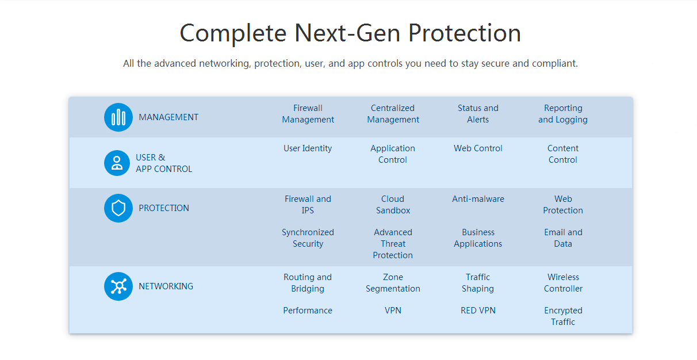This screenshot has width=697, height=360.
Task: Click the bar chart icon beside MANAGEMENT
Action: tap(118, 117)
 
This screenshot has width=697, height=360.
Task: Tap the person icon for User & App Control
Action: tap(117, 163)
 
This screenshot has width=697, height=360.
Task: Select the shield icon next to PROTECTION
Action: tap(118, 208)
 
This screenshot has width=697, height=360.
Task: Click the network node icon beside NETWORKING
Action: tap(118, 286)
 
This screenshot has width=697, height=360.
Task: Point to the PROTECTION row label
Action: tap(164, 208)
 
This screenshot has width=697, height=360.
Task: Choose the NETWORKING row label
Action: tap(166, 286)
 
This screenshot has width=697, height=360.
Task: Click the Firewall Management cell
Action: tap(308, 114)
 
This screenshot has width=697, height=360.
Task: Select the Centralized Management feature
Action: tap(393, 114)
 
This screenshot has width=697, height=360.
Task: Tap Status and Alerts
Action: tap(478, 114)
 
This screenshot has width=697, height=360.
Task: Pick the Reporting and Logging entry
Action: tap(563, 114)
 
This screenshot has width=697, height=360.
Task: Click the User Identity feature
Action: tap(308, 148)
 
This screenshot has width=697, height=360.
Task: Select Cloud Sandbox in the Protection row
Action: tap(393, 205)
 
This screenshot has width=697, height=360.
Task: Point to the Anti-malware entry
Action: tap(478, 199)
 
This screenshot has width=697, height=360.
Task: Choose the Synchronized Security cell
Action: tap(308, 238)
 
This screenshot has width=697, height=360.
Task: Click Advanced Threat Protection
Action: tap(393, 244)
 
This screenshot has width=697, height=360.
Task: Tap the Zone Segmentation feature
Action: tap(393, 283)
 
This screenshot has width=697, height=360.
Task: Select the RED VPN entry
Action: tap(478, 311)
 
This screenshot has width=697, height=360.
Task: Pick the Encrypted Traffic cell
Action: tap(563, 316)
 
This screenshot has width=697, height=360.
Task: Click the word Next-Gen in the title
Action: tap(347, 33)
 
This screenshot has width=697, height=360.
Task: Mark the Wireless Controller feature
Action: tap(563, 283)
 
